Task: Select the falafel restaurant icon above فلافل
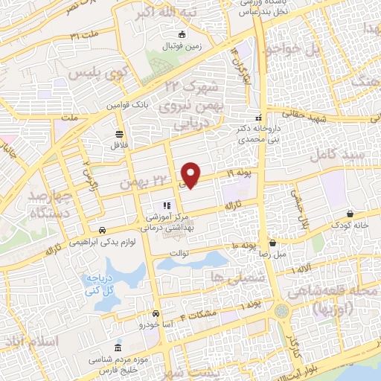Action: [x=119, y=134]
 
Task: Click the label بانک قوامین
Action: [x=132, y=106]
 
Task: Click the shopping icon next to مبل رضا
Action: [x=273, y=243]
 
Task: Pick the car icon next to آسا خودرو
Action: [x=156, y=315]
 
